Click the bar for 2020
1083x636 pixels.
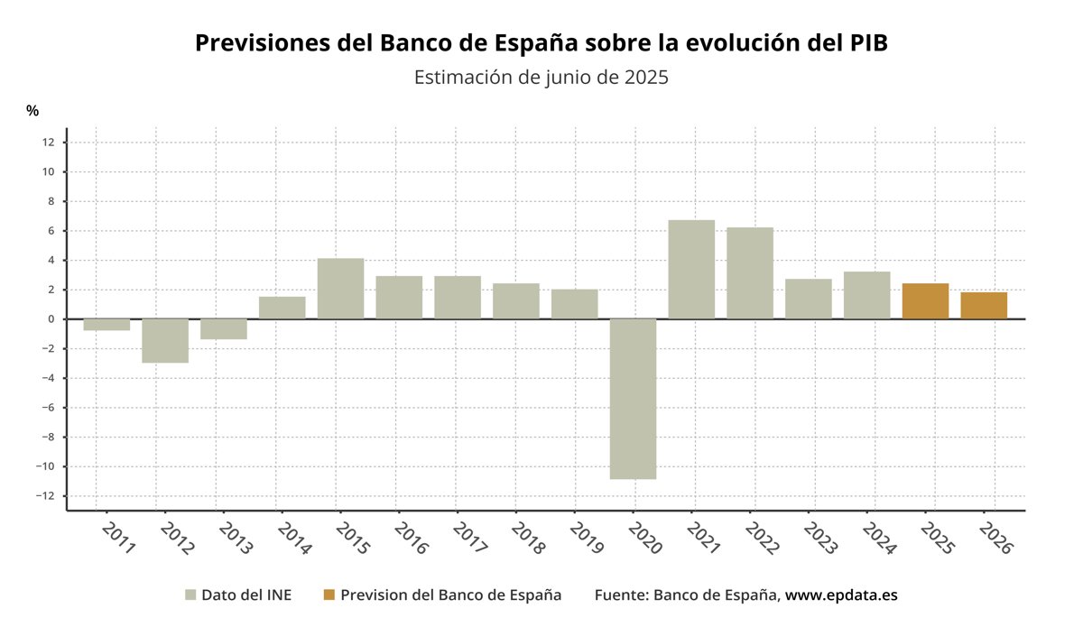tap(633, 399)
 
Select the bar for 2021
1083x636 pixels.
tap(691, 269)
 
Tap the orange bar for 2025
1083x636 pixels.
tap(925, 301)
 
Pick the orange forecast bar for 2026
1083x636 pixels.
tap(984, 306)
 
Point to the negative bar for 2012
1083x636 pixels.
tap(165, 341)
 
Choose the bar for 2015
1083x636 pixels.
tap(340, 289)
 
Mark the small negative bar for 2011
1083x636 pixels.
tap(106, 325)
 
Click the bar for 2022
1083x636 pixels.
tap(750, 272)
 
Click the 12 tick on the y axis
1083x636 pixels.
tap(48, 143)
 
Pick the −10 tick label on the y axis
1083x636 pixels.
tap(45, 467)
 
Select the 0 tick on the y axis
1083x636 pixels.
tap(51, 319)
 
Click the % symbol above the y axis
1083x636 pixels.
tap(32, 111)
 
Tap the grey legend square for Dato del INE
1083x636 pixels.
tap(190, 595)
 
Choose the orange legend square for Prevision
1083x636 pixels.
tap(329, 595)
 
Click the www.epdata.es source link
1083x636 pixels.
tap(841, 595)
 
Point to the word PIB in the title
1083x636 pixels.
tap(863, 43)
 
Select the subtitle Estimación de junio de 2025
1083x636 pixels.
tap(541, 78)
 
